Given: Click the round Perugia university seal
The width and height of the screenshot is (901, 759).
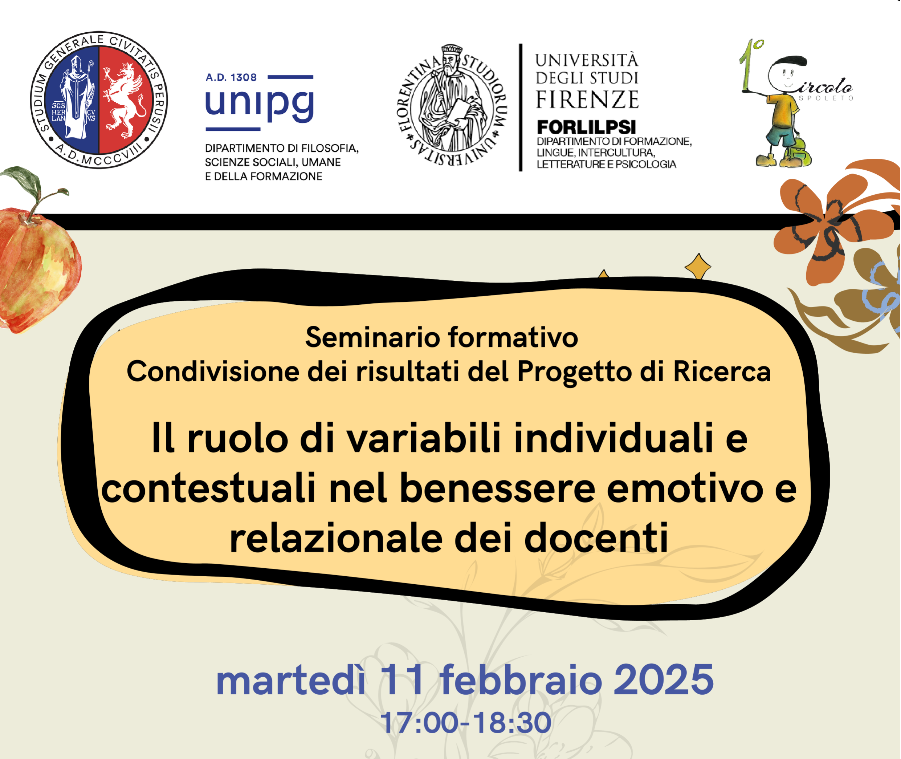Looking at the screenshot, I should coord(99,100).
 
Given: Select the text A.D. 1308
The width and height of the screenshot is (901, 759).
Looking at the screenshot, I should coord(231,77).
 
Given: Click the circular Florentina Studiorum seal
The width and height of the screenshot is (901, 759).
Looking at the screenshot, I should coord(452,106).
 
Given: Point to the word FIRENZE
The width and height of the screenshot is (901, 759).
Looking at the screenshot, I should coord(587,100).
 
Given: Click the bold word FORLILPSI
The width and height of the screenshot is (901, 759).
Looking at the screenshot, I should coord(586,127).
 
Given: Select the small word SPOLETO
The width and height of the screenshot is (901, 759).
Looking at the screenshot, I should coord(826,98).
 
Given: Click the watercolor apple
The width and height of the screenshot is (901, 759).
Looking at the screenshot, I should coord(37,267).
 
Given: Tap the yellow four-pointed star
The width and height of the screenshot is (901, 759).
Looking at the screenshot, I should coord(698,266).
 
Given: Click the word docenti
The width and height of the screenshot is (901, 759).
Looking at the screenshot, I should coord(596,538).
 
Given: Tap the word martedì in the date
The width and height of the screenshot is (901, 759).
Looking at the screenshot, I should coord(291,681).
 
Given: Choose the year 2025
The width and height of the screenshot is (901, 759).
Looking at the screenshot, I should coord(663,680).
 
